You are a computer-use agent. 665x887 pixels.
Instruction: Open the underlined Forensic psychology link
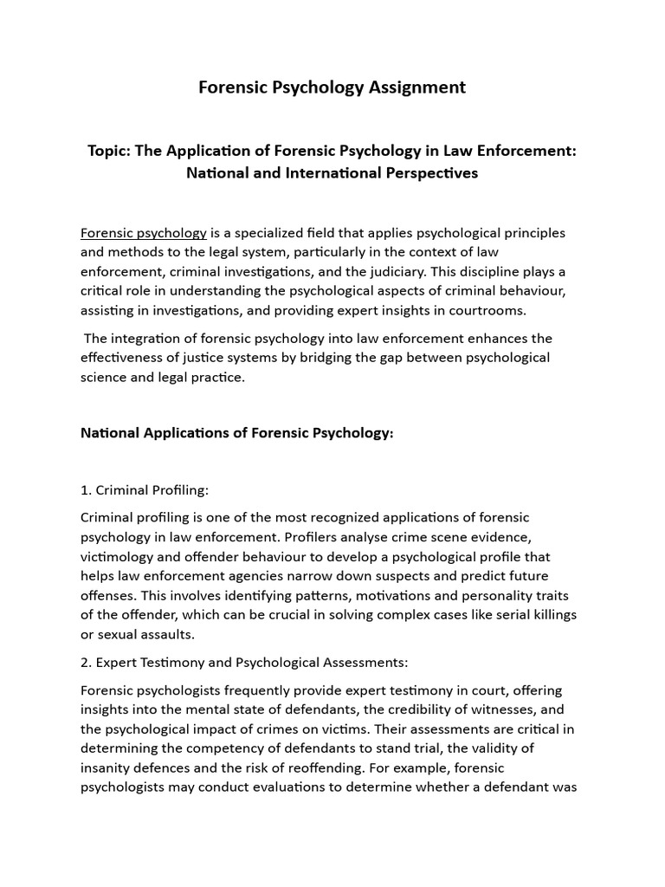[x=144, y=233]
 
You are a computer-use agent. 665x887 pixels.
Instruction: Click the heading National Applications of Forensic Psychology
[x=236, y=432]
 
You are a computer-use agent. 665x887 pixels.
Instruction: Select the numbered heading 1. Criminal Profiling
[x=145, y=490]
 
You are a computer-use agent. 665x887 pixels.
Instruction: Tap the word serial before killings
[x=495, y=614]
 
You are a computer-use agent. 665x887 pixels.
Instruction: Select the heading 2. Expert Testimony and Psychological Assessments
[x=243, y=663]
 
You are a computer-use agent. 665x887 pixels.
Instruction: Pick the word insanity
[x=106, y=767]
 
